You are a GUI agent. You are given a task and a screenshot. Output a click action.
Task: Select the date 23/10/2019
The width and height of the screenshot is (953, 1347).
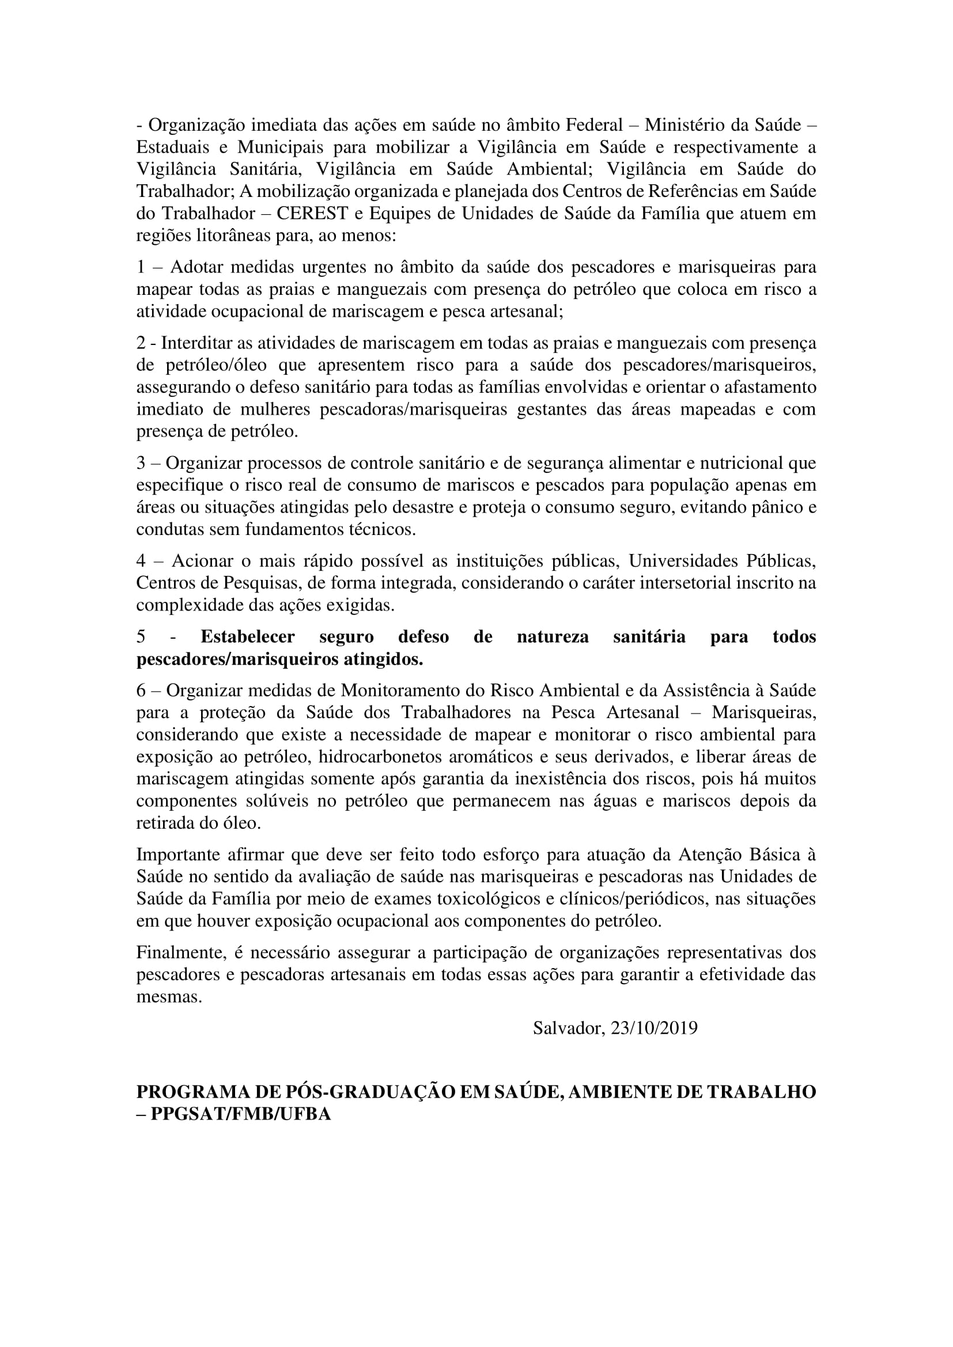(x=654, y=1028)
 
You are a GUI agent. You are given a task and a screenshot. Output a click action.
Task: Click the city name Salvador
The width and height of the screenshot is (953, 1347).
(x=568, y=1028)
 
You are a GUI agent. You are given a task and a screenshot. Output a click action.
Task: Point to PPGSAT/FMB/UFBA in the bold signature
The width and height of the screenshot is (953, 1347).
(x=241, y=1114)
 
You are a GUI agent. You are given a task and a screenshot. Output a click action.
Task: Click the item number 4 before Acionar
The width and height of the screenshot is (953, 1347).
(x=141, y=561)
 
